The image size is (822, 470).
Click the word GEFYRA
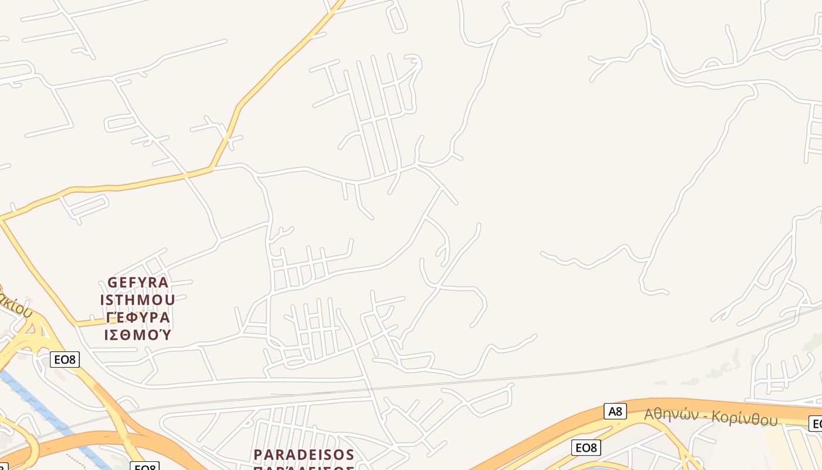[138, 283]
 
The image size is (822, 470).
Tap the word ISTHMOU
[137, 300]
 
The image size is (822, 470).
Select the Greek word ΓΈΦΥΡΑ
[138, 318]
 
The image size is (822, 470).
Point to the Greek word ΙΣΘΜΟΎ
[137, 335]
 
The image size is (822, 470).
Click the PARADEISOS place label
[304, 455]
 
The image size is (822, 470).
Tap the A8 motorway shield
[615, 411]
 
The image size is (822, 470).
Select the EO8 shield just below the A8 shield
[585, 448]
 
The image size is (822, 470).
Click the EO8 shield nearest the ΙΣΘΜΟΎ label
[65, 359]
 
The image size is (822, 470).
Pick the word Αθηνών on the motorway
[673, 415]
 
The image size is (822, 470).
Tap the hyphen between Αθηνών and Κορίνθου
[707, 417]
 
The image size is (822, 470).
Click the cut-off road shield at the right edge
[816, 424]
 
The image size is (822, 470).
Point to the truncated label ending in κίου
[15, 302]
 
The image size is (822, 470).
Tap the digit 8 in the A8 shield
[618, 411]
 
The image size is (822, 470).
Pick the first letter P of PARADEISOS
[258, 455]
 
